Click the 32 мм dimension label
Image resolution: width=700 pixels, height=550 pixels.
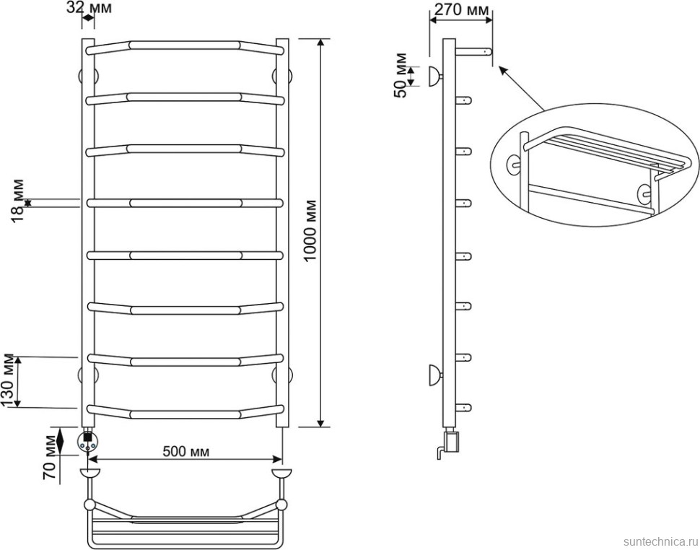pos(89,8)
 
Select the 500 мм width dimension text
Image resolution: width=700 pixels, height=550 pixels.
pos(185,452)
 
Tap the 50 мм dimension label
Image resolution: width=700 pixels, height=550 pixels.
pos(401,75)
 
